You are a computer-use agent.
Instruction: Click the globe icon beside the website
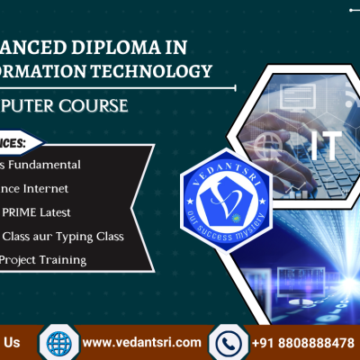[x=58, y=343]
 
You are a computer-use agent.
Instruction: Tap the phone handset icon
[x=228, y=343]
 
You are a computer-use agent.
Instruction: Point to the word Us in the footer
[x=13, y=343]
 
